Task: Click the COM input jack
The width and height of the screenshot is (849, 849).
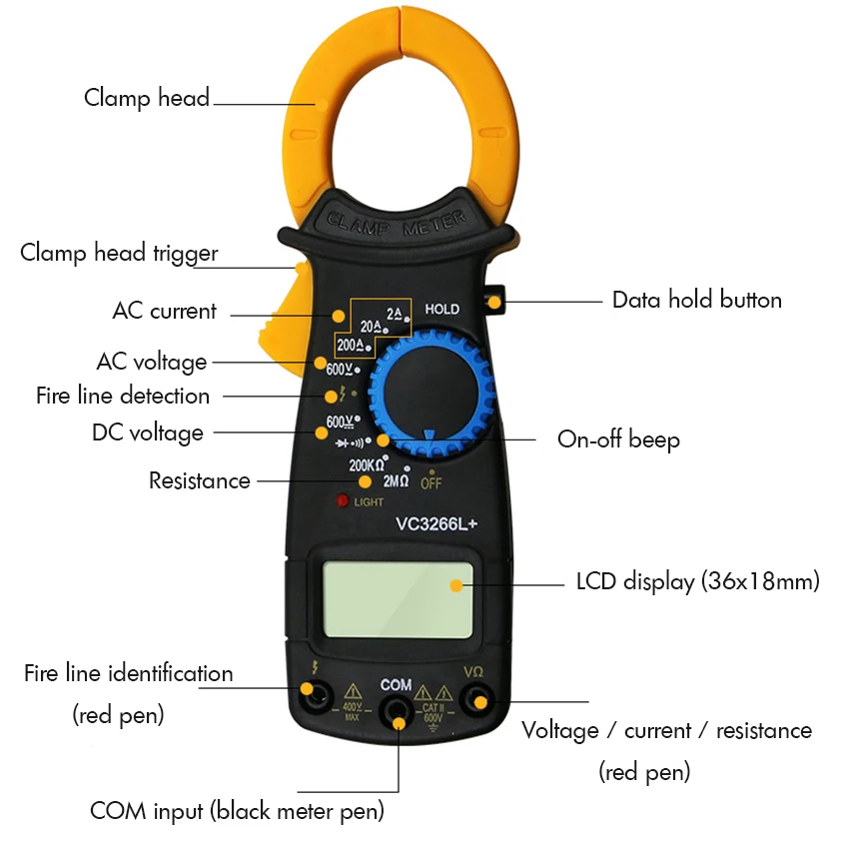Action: pos(398,712)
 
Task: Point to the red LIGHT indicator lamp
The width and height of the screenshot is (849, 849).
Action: pos(342,501)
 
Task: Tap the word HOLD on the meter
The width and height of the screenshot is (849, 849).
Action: pos(441,309)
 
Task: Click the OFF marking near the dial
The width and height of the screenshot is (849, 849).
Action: pos(430,482)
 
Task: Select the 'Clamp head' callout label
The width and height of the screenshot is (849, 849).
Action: pos(147,98)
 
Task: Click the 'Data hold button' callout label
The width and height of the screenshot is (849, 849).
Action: pos(696,300)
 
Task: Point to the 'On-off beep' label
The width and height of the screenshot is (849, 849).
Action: pos(618,439)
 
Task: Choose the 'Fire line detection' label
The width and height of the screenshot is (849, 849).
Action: pos(123,396)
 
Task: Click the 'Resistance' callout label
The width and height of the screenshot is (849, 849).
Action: pos(200,480)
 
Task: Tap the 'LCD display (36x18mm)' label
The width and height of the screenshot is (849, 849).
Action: pos(697,581)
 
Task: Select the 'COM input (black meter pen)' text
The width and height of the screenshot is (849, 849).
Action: pos(237,810)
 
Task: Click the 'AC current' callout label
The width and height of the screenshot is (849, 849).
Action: pos(164,311)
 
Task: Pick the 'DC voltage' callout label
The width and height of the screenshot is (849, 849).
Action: pos(148,432)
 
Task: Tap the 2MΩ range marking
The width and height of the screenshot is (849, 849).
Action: pos(397,480)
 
